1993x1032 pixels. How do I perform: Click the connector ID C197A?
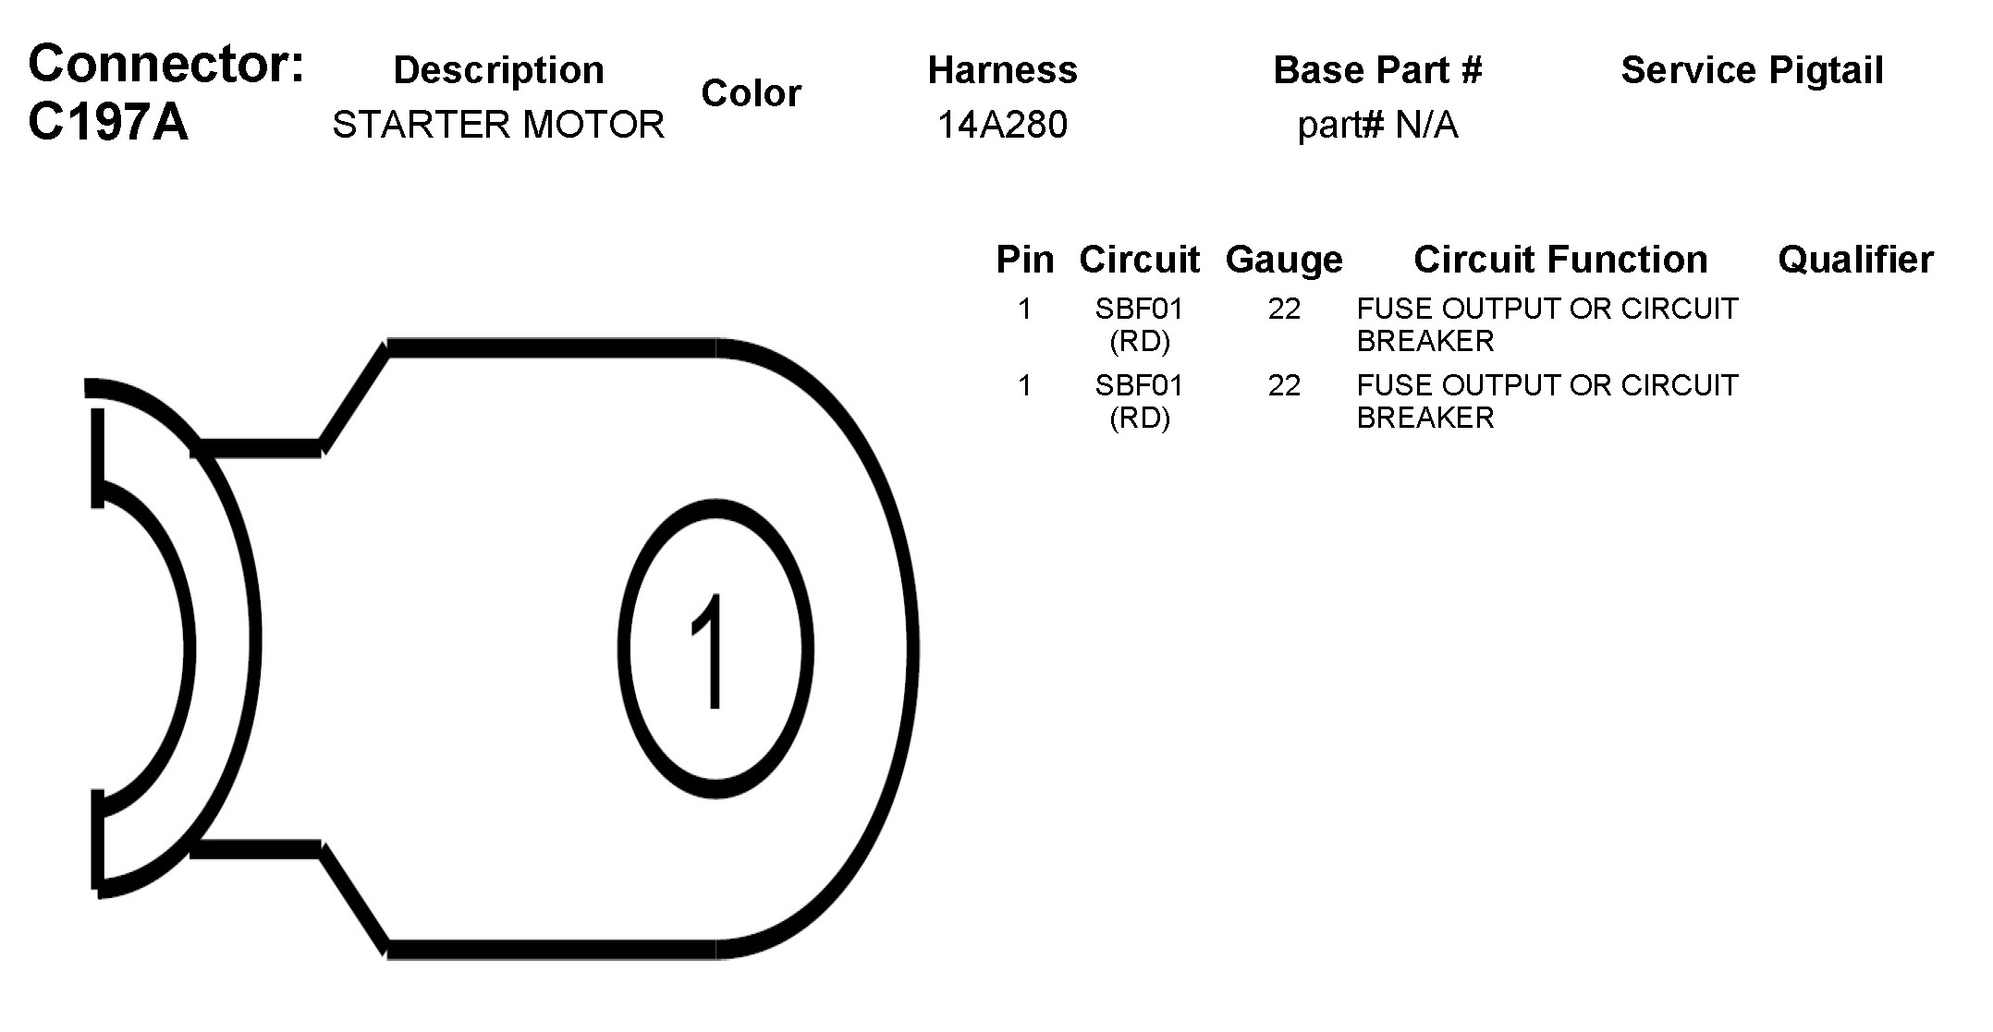point(108,122)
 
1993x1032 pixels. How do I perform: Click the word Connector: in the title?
point(166,64)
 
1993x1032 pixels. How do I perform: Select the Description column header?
point(499,70)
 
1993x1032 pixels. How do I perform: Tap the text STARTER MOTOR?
point(498,125)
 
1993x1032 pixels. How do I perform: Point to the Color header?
point(751,93)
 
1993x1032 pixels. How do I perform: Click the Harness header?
point(1003,70)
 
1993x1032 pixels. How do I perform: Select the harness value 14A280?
point(1003,125)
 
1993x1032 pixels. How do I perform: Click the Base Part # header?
point(1377,70)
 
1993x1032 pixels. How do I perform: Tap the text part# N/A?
point(1377,126)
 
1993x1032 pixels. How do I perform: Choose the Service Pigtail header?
point(1752,70)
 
